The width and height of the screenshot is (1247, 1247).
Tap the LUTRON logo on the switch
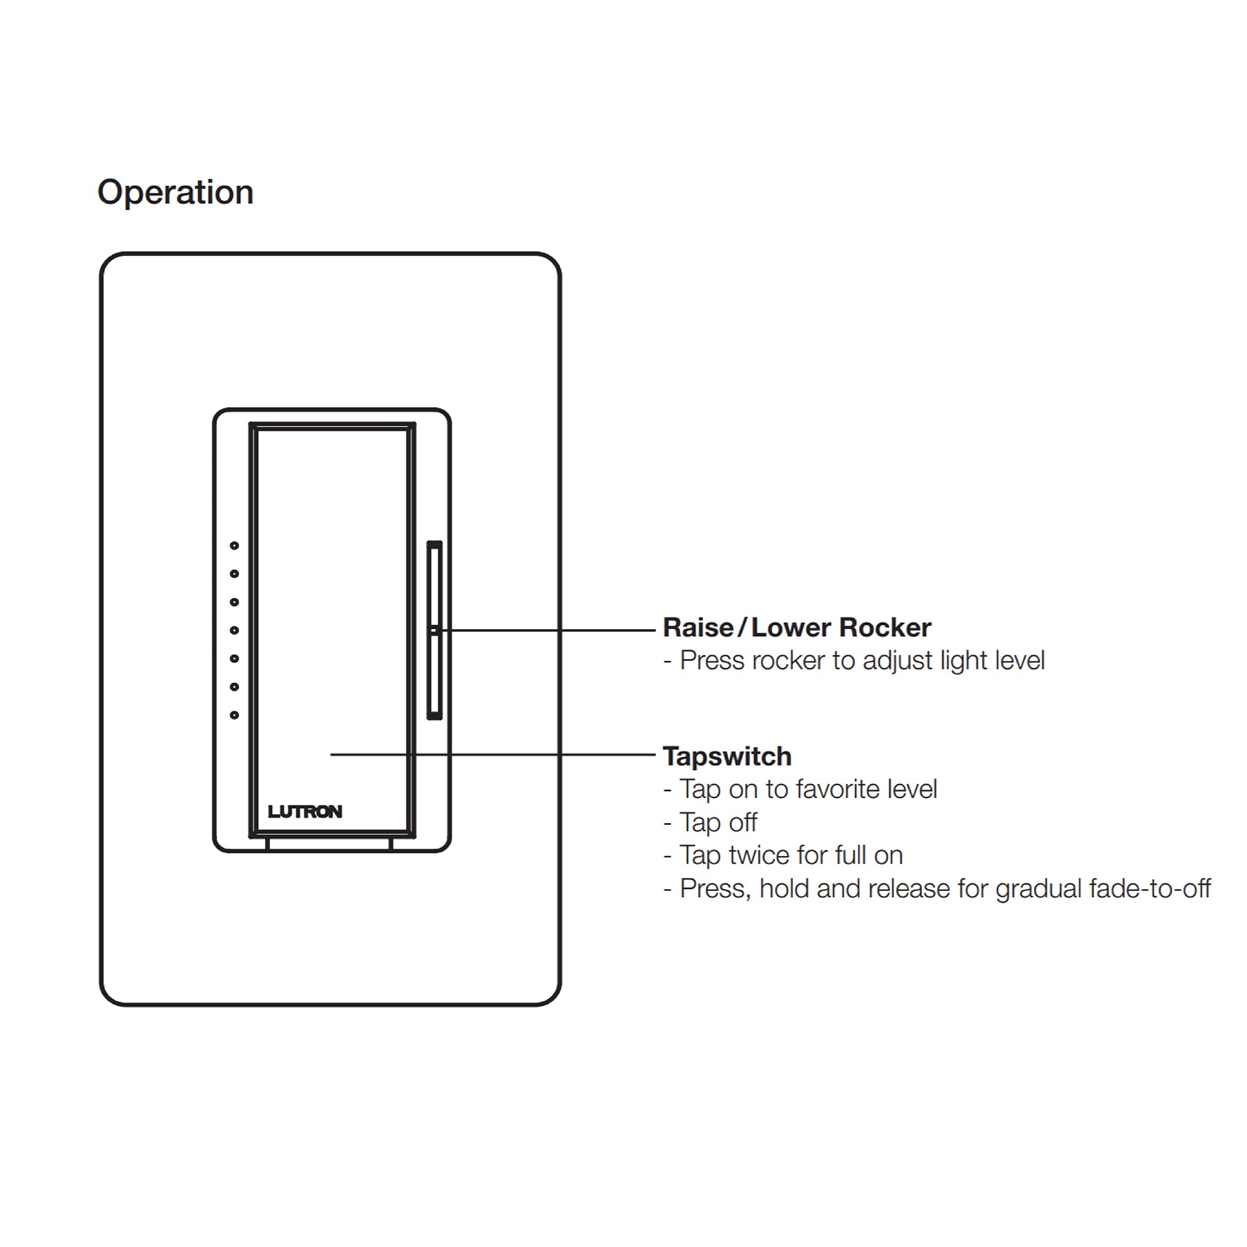click(305, 811)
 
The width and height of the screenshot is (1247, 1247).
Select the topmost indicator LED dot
click(234, 546)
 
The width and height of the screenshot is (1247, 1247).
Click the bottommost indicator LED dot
click(234, 715)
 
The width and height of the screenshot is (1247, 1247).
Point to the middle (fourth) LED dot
click(234, 630)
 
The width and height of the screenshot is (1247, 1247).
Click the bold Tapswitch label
click(728, 756)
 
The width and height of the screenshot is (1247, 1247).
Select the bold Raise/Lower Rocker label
click(797, 627)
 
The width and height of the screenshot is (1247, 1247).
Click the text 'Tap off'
click(718, 822)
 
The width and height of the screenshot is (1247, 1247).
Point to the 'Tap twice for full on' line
click(791, 855)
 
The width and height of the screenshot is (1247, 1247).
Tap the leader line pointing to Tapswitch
click(493, 754)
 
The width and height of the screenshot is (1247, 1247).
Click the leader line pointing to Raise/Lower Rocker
click(545, 630)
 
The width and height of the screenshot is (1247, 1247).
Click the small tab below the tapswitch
click(329, 844)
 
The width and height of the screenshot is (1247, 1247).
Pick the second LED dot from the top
click(234, 574)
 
